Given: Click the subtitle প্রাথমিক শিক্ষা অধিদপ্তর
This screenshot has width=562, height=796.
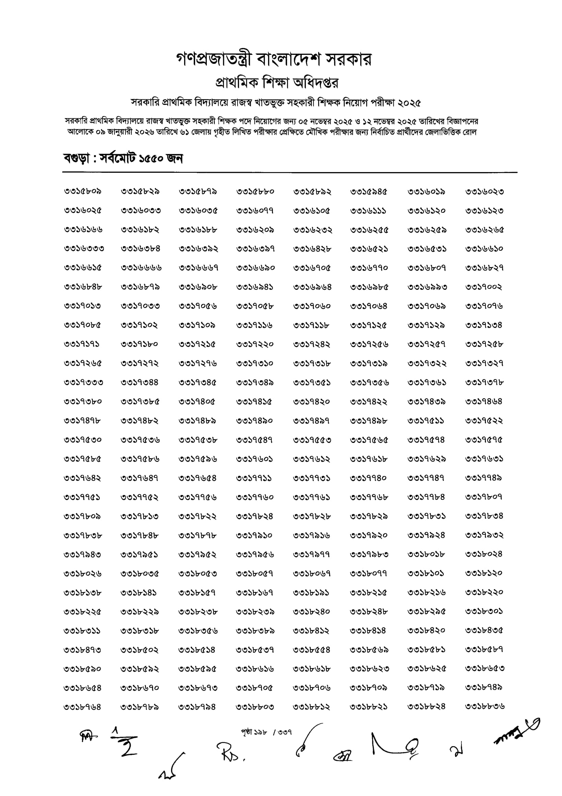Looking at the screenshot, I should [277, 83].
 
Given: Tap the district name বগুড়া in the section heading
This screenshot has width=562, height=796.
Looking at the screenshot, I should [76, 158].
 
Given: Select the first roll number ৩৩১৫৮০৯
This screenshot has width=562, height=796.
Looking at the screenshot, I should [83, 191].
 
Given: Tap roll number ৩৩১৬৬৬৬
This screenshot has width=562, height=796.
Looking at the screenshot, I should [141, 268].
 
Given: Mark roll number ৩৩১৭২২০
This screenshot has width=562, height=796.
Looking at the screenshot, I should [255, 344].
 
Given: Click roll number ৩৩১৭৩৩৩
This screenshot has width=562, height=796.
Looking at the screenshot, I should [83, 382].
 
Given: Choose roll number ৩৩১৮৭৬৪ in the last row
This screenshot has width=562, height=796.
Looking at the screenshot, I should [82, 707].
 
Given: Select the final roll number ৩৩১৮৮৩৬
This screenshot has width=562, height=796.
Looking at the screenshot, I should [485, 707].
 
